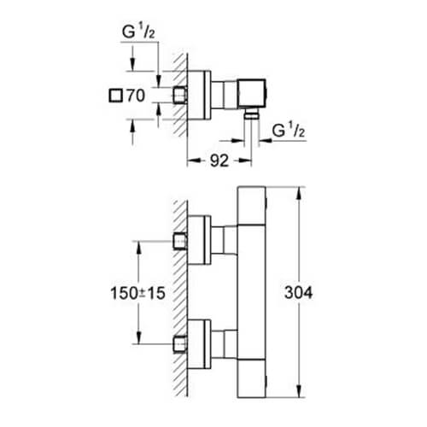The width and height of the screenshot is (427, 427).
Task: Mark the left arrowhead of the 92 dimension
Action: [x=190, y=158]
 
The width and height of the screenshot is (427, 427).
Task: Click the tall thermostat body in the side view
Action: [x=253, y=292]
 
